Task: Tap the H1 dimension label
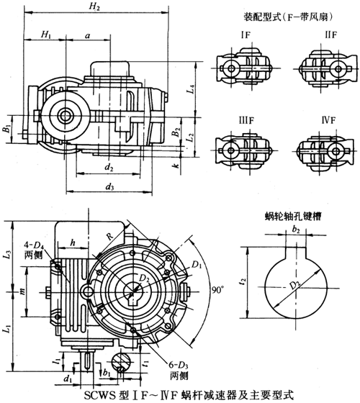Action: [46, 34]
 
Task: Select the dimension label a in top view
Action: [87, 34]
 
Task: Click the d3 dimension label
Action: [109, 188]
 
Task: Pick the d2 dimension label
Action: [109, 168]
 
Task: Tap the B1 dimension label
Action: [6, 130]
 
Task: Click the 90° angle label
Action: [218, 289]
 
